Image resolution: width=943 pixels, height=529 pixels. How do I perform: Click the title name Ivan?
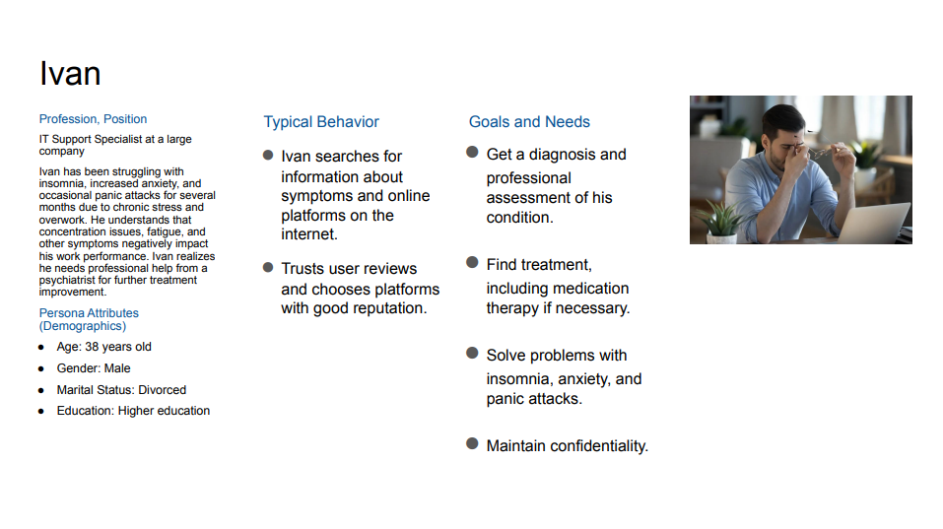[x=70, y=74]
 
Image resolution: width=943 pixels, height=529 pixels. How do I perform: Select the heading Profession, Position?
[x=93, y=119]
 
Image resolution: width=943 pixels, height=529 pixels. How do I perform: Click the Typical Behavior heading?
[x=321, y=122]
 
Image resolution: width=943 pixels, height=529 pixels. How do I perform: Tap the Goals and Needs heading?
[x=529, y=122]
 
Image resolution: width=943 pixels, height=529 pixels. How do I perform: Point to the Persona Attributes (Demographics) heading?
[x=89, y=319]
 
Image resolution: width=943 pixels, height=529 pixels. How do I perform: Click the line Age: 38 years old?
[x=104, y=347]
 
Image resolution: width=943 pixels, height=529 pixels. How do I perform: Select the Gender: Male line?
[x=94, y=368]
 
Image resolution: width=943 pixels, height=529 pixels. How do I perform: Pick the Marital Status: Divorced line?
[x=121, y=390]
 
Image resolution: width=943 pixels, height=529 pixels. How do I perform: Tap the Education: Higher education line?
[x=133, y=411]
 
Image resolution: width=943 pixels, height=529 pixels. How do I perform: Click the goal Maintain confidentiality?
[x=568, y=446]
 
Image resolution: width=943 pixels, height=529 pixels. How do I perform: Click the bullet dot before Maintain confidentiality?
[x=472, y=443]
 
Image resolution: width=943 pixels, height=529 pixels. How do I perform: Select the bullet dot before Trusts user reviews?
[x=268, y=267]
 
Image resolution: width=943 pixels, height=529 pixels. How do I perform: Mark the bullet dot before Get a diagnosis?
[x=472, y=152]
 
